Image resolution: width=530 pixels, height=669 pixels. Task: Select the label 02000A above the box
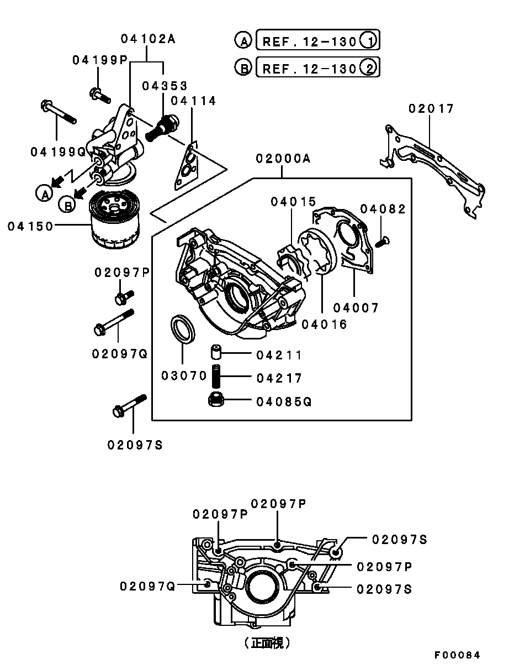click(283, 159)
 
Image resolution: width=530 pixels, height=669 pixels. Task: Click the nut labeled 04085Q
click(216, 400)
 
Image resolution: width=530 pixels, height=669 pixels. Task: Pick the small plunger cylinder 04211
click(215, 352)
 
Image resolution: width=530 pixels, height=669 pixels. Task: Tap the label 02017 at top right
click(431, 109)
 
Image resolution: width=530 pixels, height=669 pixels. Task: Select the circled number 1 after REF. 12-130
click(369, 40)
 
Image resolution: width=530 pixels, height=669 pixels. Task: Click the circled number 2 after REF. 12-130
click(369, 68)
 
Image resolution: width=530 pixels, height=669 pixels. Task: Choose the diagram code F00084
click(457, 655)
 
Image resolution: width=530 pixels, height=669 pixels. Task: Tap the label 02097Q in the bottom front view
click(147, 586)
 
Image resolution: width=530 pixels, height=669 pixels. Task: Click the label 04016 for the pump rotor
click(324, 325)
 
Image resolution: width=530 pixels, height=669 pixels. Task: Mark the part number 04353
click(165, 86)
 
